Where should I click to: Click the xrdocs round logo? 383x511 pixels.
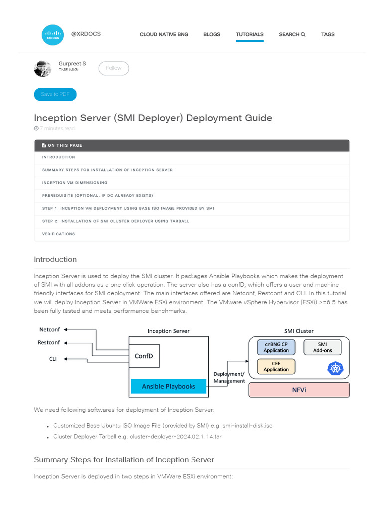pyautogui.click(x=53, y=34)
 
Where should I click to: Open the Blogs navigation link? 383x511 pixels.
pyautogui.click(x=212, y=34)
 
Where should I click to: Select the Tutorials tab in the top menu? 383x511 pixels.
pyautogui.click(x=250, y=34)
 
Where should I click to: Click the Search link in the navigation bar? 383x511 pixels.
pyautogui.click(x=292, y=34)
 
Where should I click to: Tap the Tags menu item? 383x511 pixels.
pyautogui.click(x=328, y=34)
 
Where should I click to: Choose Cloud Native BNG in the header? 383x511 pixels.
pyautogui.click(x=164, y=34)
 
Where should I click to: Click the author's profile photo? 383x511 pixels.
pyautogui.click(x=43, y=68)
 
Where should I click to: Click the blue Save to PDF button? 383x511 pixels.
pyautogui.click(x=55, y=94)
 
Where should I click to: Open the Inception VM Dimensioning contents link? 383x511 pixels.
pyautogui.click(x=74, y=183)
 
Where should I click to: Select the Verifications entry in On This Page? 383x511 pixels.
pyautogui.click(x=58, y=234)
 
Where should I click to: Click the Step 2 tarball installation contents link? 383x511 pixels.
pyautogui.click(x=115, y=221)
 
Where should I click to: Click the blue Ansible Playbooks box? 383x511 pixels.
pyautogui.click(x=169, y=386)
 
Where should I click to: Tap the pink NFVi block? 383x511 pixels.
pyautogui.click(x=299, y=389)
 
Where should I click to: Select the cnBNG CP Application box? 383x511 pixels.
pyautogui.click(x=276, y=347)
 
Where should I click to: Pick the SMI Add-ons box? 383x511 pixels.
pyautogui.click(x=322, y=347)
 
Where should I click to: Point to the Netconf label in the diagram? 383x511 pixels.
pyautogui.click(x=49, y=330)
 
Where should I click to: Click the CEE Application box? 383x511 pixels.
pyautogui.click(x=276, y=367)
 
